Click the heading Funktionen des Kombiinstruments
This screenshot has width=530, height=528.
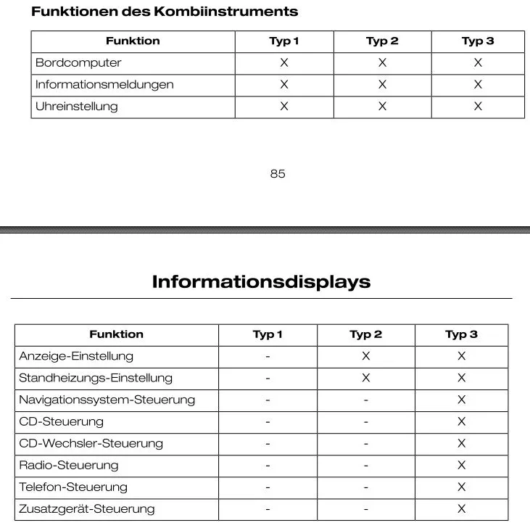pos(165,12)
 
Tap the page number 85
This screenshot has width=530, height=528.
pos(278,174)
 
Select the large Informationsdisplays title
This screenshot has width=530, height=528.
pos(261,281)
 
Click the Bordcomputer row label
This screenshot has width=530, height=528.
pos(78,63)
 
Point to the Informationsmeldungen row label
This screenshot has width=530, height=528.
pos(104,85)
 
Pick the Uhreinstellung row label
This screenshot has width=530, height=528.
pos(76,107)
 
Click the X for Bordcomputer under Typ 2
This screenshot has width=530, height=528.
pos(382,63)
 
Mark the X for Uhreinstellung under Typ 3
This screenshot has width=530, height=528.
pos(478,107)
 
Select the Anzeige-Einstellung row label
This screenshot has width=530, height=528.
pos(76,356)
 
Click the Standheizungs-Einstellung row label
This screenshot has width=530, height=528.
pos(96,378)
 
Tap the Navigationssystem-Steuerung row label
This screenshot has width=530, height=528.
pos(107,400)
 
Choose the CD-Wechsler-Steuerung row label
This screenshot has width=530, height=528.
pos(91,443)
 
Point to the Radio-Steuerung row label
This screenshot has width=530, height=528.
pos(68,465)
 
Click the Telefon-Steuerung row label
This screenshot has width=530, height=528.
pos(73,487)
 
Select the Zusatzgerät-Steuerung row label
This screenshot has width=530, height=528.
pos(86,508)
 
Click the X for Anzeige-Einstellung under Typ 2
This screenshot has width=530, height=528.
pos(365,356)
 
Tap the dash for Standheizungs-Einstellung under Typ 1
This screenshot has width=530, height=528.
pos(268,378)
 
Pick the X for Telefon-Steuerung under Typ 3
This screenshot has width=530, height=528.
pos(461,487)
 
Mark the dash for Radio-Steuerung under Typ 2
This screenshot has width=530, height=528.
pos(365,465)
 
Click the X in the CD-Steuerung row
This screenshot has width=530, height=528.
pos(461,421)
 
